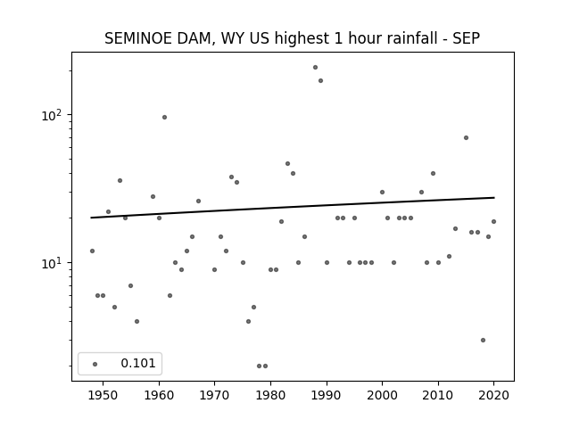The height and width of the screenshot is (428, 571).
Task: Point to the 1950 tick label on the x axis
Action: point(103,395)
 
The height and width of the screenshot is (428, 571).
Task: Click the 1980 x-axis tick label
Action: point(270,395)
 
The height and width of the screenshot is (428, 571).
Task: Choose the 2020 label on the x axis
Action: point(493,395)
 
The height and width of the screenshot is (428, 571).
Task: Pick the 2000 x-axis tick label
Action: point(382,395)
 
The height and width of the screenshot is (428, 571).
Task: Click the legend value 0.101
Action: point(138,363)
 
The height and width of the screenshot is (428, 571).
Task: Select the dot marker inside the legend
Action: point(95,364)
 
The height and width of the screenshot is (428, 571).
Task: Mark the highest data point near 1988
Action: point(315,68)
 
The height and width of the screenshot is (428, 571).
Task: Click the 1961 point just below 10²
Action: point(164,117)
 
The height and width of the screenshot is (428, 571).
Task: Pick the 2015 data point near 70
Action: point(466,137)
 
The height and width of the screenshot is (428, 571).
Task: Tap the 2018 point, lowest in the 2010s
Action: point(483,341)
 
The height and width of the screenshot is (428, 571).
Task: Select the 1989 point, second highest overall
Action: point(321,81)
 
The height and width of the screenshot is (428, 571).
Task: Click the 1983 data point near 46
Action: point(287,164)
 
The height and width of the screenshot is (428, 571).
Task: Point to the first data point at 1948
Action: point(92,251)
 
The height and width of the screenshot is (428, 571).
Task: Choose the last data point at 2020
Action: point(493,222)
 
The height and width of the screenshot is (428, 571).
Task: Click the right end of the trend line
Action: point(494,198)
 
